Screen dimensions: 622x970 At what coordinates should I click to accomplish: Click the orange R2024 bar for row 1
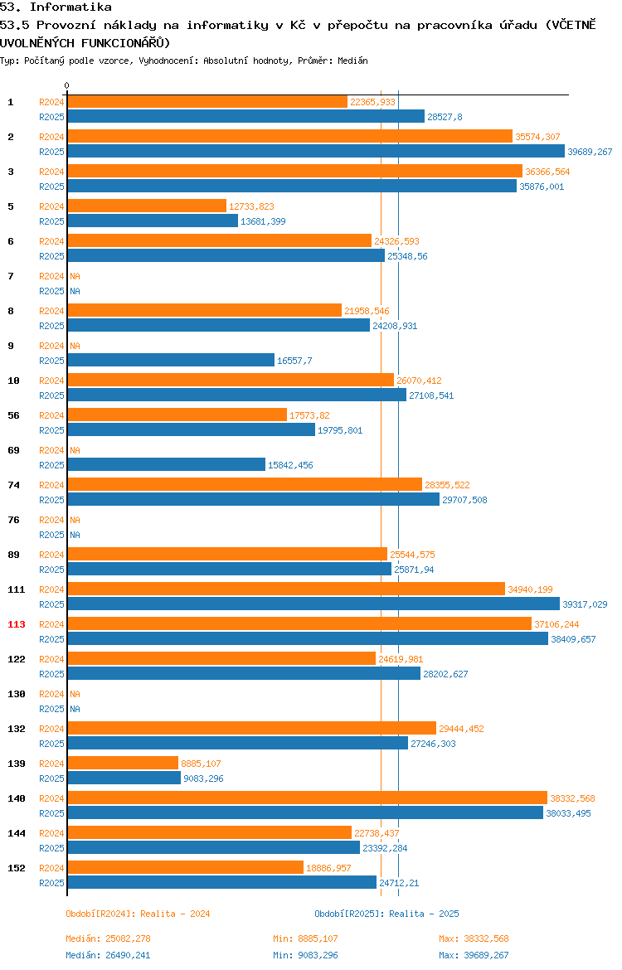[x=207, y=102]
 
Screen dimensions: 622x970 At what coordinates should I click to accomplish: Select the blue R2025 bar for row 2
[x=316, y=152]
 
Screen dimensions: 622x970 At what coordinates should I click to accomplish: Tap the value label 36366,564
[x=547, y=172]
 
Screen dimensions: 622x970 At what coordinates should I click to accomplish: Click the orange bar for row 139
[x=124, y=764]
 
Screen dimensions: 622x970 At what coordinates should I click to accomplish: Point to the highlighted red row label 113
[x=16, y=625]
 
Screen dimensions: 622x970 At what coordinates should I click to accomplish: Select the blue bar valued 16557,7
[x=171, y=361]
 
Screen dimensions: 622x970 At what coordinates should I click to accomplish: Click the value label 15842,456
[x=290, y=465]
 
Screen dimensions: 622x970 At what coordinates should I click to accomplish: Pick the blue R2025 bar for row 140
[x=306, y=813]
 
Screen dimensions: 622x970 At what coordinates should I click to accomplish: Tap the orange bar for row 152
[x=186, y=868]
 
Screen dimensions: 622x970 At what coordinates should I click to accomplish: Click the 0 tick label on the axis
[x=67, y=86]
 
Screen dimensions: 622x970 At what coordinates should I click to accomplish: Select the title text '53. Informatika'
[x=56, y=7]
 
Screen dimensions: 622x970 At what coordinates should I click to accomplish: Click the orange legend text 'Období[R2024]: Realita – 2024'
[x=138, y=914]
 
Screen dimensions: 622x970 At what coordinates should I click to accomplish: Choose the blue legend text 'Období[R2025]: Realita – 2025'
[x=386, y=914]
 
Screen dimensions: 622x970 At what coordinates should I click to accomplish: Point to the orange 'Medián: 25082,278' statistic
[x=109, y=939]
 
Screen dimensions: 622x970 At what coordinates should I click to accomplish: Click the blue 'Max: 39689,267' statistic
[x=474, y=956]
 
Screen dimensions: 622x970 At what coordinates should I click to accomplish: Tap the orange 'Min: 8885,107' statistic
[x=306, y=939]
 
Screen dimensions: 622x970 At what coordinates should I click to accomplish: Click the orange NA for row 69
[x=75, y=450]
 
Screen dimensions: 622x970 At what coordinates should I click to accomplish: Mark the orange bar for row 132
[x=252, y=729]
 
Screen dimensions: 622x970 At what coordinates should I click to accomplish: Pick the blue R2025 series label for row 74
[x=51, y=500]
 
